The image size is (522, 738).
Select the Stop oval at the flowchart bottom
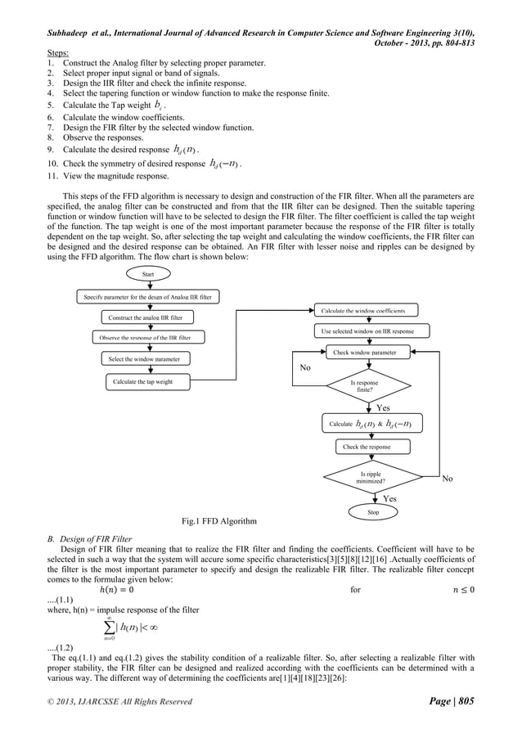(373, 511)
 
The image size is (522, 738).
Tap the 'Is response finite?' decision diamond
(365, 387)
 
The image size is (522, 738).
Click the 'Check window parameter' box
(365, 353)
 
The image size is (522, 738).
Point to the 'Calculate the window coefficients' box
(365, 309)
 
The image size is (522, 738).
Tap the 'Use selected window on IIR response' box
(365, 331)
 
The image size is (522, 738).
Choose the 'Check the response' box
(367, 447)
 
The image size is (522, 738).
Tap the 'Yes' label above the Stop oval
(389, 497)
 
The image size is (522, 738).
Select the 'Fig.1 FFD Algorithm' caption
(218, 520)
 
